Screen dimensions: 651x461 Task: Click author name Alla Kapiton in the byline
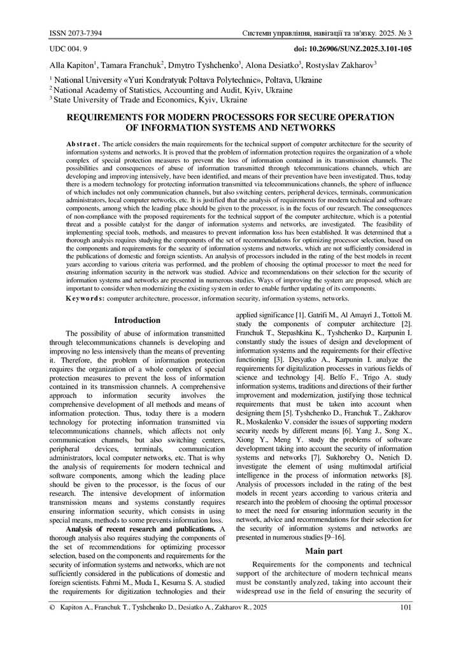pyautogui.click(x=71, y=65)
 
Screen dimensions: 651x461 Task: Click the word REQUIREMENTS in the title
pyautogui.click(x=106, y=117)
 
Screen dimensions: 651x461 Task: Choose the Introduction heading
pyautogui.click(x=137, y=320)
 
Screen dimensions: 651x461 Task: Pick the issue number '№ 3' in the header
pyautogui.click(x=406, y=33)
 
